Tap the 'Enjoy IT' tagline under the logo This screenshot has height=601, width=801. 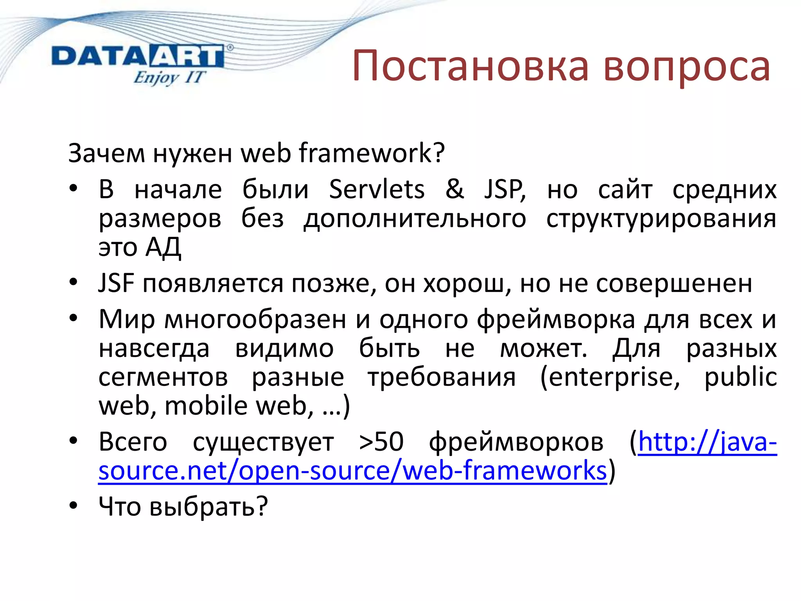169,77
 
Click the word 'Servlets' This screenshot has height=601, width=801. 377,189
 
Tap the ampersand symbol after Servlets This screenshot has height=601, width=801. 454,189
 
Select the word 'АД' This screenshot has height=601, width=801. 163,247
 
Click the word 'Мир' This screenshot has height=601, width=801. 126,320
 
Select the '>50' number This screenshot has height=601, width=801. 381,442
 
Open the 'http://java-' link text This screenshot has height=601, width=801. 707,442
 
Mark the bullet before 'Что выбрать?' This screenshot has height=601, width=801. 74,506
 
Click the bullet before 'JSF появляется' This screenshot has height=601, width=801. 74,282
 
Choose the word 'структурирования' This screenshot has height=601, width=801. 661,218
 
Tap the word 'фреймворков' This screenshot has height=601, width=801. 516,442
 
